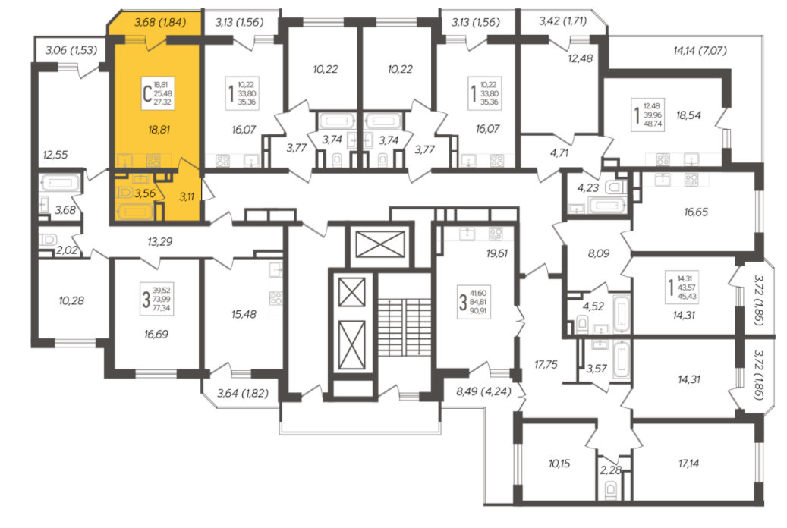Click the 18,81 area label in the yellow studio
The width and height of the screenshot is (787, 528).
point(159,130)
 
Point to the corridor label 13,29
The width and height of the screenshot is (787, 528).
point(159,242)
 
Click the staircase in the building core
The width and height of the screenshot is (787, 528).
point(405,327)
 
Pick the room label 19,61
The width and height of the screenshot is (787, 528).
point(496,253)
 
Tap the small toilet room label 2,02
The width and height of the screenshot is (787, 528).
point(67,250)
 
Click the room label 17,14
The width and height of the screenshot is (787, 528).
point(688,464)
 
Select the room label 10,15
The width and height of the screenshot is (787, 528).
point(559,464)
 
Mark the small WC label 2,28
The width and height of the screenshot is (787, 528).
point(610,470)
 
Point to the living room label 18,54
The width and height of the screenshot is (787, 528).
point(688,115)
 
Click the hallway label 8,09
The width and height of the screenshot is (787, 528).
point(598,253)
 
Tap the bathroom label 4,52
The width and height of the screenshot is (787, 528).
point(593,306)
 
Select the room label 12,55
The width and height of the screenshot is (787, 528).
point(55,155)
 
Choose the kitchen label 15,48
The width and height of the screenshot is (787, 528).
point(244,314)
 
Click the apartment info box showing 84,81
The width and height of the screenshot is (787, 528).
point(472,302)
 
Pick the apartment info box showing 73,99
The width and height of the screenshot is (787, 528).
point(156,299)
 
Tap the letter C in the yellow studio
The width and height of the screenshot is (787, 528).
point(147,93)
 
